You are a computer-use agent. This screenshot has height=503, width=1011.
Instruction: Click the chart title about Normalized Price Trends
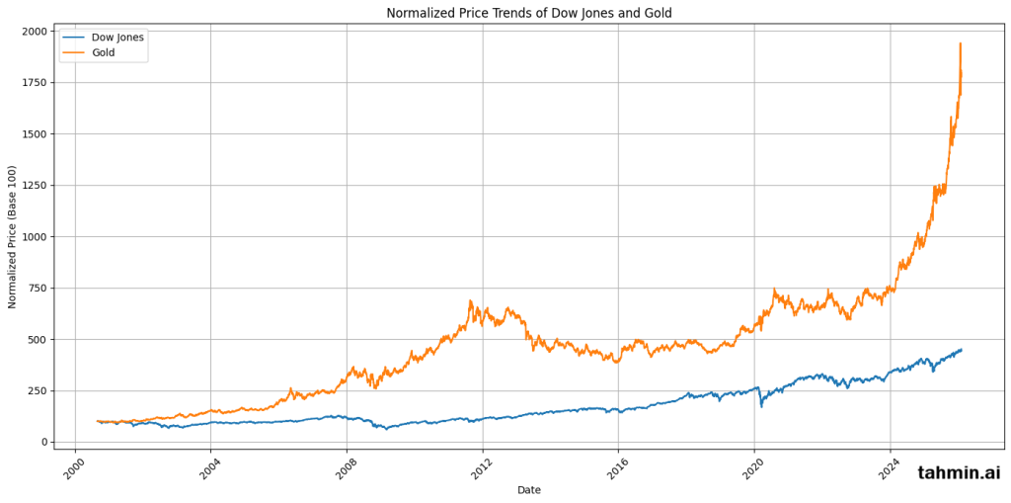point(528,13)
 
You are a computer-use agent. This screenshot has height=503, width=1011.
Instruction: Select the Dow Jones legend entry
point(117,38)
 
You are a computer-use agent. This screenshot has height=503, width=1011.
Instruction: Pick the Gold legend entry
point(103,52)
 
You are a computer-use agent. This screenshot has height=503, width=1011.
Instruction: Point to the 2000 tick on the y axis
point(33,32)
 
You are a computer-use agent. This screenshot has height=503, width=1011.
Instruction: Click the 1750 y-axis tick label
point(33,83)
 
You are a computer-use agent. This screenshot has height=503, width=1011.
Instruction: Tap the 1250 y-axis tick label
point(33,186)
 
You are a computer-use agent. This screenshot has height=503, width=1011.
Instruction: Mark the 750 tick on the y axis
point(37,289)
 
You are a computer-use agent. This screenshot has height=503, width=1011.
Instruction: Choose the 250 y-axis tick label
point(37,391)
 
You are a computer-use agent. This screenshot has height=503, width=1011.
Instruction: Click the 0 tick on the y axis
point(43,443)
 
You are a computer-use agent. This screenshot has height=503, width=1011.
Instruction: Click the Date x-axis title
point(528,490)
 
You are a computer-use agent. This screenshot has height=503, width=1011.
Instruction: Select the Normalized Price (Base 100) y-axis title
point(13,237)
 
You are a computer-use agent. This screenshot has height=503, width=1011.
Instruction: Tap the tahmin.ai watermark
point(959,473)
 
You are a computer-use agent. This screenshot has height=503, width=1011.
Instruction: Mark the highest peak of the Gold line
point(960,42)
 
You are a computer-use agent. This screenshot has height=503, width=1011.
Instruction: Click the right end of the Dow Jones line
point(962,349)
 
